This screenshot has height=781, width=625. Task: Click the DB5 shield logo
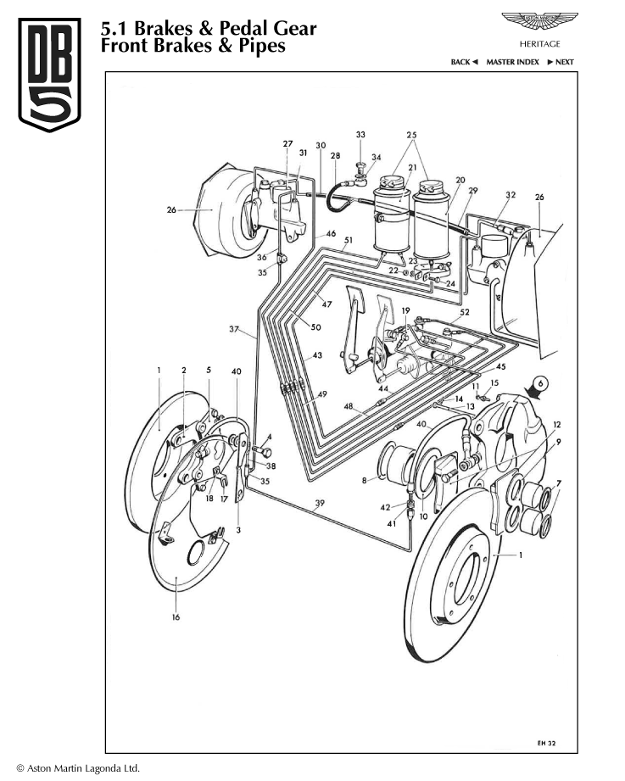[x=50, y=75]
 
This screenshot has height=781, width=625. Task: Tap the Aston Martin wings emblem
[x=539, y=20]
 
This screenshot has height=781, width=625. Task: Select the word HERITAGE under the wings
[x=539, y=43]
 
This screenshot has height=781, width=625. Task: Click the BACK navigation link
[x=464, y=62]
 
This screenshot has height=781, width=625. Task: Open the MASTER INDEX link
[x=512, y=62]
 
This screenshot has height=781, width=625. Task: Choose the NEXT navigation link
[x=561, y=62]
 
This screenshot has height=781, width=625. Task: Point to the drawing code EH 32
[x=546, y=742]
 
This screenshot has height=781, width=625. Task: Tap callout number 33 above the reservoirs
[x=360, y=135]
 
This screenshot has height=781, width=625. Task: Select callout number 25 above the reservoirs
[x=412, y=135]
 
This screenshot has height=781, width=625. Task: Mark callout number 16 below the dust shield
[x=176, y=617]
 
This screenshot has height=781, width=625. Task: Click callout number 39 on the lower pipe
[x=319, y=504]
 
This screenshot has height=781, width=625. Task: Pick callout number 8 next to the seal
[x=365, y=481]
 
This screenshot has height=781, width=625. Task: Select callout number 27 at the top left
[x=287, y=143]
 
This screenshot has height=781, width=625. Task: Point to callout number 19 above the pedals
[x=405, y=311]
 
